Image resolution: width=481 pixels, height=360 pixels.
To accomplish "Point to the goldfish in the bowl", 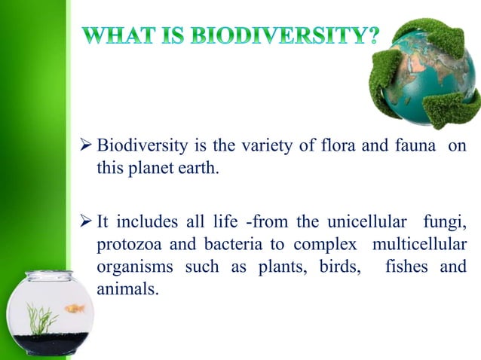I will point(75,308).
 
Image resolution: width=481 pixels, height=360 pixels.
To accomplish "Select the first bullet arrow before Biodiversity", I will point(86,145).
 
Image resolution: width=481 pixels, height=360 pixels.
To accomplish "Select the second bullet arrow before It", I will point(86,223).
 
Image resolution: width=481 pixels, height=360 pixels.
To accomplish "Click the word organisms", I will point(129,267).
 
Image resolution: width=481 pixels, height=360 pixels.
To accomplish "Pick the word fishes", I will point(406,267).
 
